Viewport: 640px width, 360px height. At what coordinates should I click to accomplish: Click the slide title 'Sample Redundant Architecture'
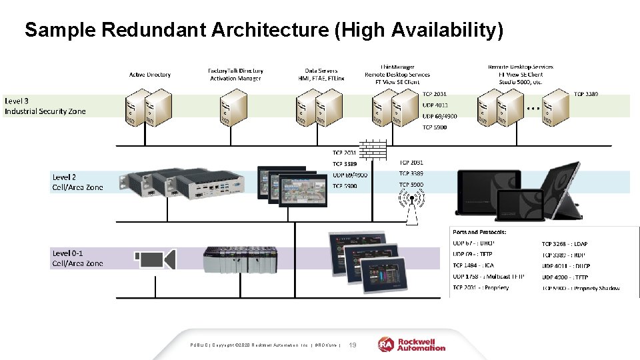tap(263, 31)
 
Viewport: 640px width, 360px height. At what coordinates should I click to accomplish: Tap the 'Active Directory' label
tap(149, 75)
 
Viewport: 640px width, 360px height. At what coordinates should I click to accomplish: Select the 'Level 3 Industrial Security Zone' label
tap(45, 106)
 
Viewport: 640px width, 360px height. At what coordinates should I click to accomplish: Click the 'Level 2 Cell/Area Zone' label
tap(77, 182)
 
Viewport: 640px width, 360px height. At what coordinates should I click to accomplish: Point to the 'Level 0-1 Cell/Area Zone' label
tap(77, 258)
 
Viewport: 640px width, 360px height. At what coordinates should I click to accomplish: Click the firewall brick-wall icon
tap(373, 151)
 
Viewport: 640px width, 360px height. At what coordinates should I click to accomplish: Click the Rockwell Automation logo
tap(412, 344)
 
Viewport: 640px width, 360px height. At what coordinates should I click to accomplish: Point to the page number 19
tap(353, 345)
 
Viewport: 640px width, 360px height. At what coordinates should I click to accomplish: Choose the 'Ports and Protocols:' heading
tap(479, 232)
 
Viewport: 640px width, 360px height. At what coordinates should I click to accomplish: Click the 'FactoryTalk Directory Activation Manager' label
tap(235, 74)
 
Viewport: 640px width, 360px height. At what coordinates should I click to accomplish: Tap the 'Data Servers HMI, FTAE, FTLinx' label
tap(321, 74)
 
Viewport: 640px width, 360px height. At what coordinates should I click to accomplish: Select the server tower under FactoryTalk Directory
tap(234, 109)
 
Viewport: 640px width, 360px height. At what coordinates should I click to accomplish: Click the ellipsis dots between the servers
tap(533, 107)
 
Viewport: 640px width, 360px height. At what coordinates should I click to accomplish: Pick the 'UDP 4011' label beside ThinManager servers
tap(435, 105)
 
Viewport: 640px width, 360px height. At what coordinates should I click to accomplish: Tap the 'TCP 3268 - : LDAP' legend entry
tap(565, 243)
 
